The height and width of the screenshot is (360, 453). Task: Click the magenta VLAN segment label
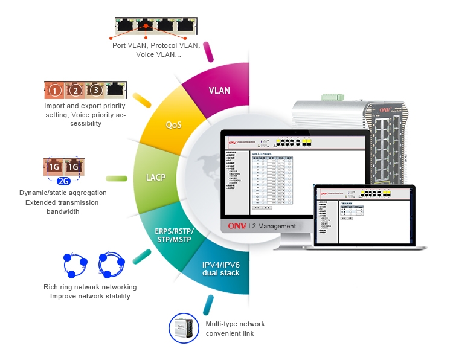click(219, 91)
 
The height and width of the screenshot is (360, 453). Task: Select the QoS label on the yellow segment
click(174, 125)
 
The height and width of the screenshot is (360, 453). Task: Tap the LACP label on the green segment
click(155, 178)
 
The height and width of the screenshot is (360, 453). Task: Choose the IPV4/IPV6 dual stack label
click(220, 269)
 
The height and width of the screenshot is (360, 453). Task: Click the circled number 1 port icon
click(55, 91)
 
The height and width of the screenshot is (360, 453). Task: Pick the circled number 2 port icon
click(75, 91)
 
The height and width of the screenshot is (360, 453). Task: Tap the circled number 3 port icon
click(95, 91)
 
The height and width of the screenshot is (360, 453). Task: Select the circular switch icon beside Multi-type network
click(184, 328)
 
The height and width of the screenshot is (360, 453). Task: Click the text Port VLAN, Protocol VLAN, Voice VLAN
click(156, 50)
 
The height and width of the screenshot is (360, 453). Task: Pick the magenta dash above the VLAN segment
click(209, 51)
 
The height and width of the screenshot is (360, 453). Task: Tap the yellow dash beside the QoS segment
click(142, 100)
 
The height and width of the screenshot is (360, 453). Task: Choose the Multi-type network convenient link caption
click(235, 329)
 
